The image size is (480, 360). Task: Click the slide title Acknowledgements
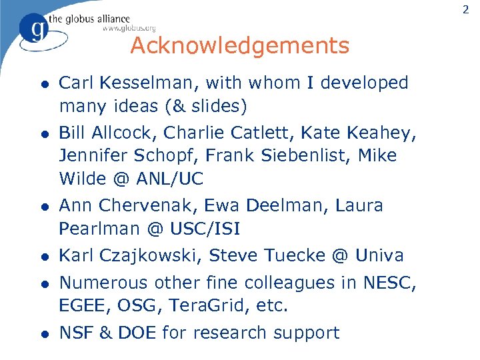point(239,46)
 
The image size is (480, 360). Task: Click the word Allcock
point(118,133)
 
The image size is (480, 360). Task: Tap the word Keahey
point(383,133)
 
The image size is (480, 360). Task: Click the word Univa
point(379,256)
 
